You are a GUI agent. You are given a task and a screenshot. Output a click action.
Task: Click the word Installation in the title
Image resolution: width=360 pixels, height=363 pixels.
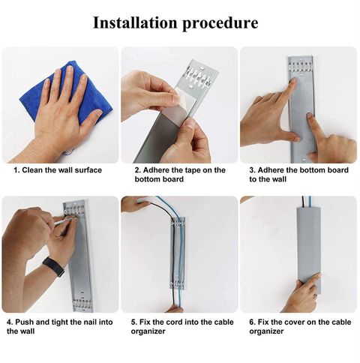pos(135,22)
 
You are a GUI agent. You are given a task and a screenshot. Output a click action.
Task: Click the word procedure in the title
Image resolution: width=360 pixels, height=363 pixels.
pos(220,24)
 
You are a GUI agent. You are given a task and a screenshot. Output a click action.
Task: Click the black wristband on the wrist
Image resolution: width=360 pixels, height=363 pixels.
pos(53,267)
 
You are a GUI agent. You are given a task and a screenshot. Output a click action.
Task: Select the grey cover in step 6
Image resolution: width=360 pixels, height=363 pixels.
pos(309,250)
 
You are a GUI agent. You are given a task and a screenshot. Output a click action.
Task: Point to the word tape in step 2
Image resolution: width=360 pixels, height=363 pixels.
pos(194,170)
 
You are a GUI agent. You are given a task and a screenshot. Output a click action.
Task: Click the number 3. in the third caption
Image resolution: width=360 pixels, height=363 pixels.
pos(252,170)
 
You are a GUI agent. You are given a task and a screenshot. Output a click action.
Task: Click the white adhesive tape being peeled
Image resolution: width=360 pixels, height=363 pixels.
pos(178,99)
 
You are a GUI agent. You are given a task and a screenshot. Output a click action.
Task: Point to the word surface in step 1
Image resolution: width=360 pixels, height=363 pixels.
pos(88,170)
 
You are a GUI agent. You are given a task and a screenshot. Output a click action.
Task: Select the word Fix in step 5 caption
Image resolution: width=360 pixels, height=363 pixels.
pos(144,322)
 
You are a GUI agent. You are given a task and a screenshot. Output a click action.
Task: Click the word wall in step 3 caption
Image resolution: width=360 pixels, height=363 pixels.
pos(279,179)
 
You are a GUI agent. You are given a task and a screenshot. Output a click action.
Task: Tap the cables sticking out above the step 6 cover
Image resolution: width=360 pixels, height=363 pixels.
pos(307,202)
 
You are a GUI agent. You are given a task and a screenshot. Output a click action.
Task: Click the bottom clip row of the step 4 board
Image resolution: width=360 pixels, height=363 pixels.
pos(82,303)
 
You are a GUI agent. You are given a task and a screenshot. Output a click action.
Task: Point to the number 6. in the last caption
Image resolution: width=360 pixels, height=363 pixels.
pos(252,322)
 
